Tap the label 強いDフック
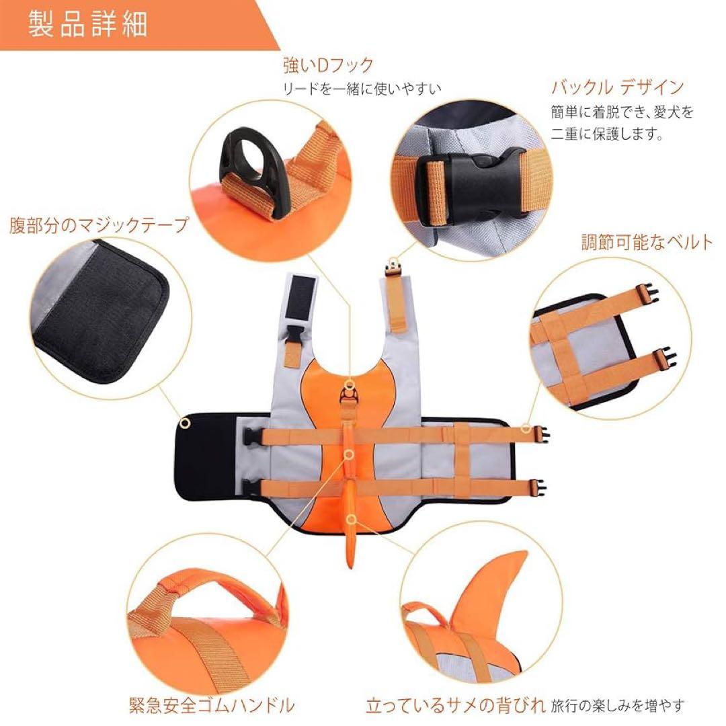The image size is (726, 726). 327,65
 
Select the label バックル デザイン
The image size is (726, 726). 617,87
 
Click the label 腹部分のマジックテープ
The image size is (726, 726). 98,225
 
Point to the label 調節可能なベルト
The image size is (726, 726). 646,242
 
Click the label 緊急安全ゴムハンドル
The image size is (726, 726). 211,705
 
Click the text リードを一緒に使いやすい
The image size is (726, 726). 362,87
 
